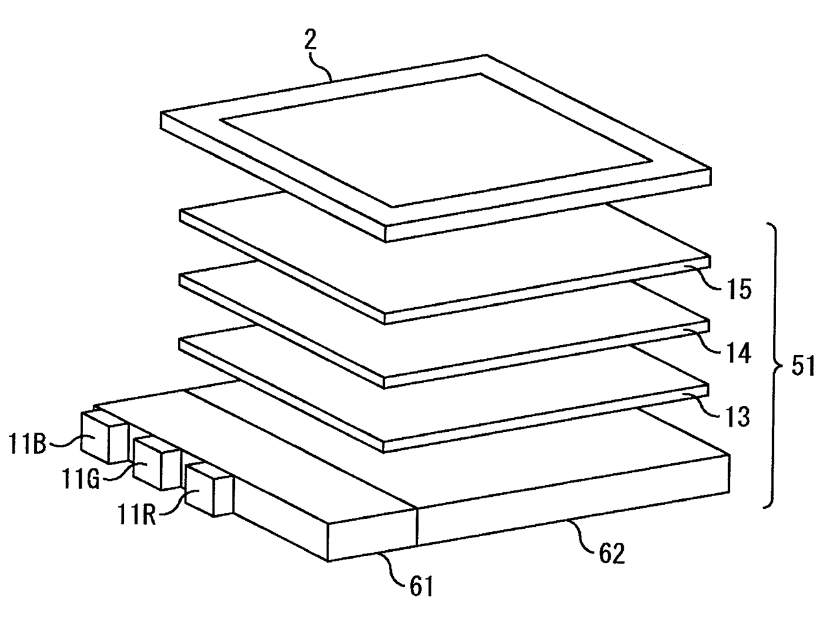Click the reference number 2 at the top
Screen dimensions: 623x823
(x=310, y=40)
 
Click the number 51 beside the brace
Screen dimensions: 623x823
(x=802, y=366)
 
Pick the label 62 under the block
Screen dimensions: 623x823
(x=611, y=553)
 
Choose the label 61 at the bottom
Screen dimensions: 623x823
(x=421, y=587)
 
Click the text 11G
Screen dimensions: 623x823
(x=82, y=480)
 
